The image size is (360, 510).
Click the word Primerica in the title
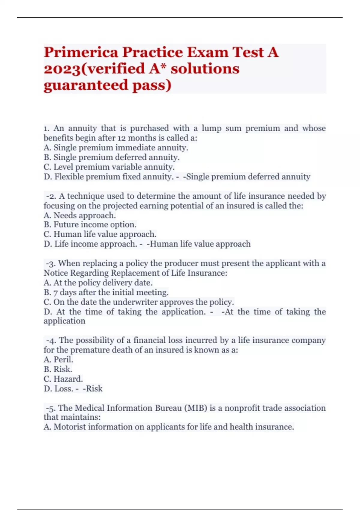pos(81,53)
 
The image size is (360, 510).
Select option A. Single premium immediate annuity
pos(116,148)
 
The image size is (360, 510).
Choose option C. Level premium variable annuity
pos(109,167)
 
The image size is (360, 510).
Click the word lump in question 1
pos(211,128)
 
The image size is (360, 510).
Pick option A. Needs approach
pos(79,215)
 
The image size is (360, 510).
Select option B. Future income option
pos(90,225)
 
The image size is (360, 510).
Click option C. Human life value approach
pos(100,234)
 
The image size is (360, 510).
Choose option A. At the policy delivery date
pos(98,283)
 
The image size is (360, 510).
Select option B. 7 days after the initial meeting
pos(106,292)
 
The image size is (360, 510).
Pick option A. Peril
pos(58,359)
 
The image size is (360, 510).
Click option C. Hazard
pos(63,379)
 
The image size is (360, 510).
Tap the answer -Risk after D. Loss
pos(93,388)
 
